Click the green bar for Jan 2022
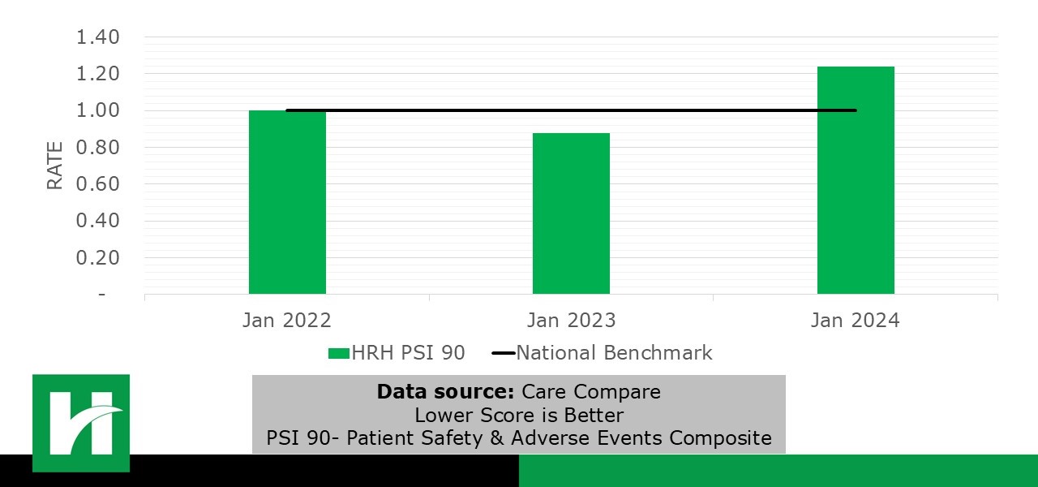(287, 202)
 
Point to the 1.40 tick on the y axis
(98, 37)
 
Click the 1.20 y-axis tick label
(98, 74)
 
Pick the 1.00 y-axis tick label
(98, 110)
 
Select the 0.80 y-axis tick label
(98, 148)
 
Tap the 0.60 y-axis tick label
(98, 184)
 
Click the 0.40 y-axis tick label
(98, 221)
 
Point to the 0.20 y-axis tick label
(98, 257)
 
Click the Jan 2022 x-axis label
(287, 321)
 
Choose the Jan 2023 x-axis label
(571, 321)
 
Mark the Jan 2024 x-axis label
(856, 321)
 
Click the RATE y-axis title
(55, 166)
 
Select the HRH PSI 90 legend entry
(397, 353)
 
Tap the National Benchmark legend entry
(603, 353)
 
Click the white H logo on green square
(81, 422)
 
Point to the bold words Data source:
(445, 392)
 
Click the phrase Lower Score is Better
(519, 416)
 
